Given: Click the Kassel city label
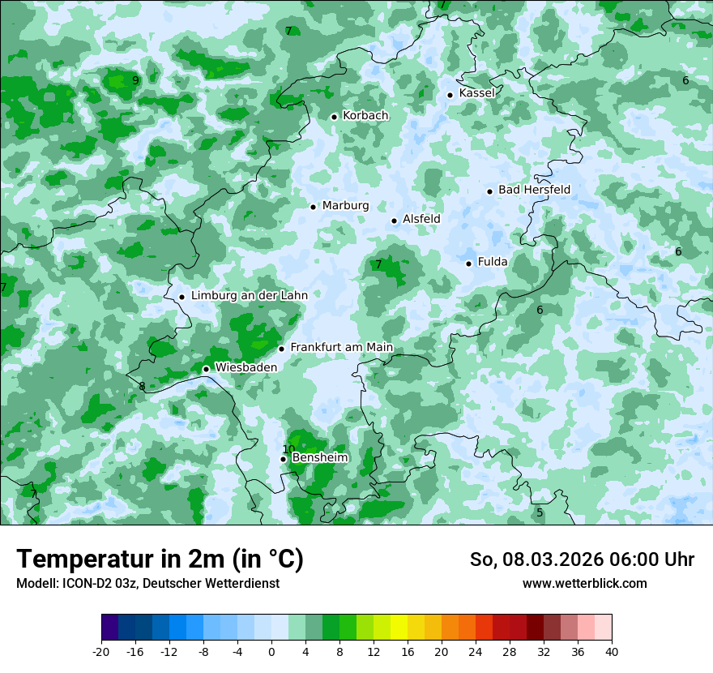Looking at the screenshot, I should click(x=476, y=93).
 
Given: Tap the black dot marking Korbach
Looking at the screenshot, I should click(x=334, y=117).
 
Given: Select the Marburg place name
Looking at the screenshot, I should click(x=345, y=206).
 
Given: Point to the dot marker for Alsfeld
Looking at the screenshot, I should click(x=395, y=221).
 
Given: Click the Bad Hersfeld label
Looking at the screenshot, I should click(x=534, y=190).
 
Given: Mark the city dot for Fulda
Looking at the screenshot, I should click(x=469, y=264).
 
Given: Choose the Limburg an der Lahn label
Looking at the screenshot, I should click(x=249, y=296).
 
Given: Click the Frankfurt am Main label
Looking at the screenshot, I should click(x=341, y=348).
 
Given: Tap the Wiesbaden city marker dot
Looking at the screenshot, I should click(x=206, y=369).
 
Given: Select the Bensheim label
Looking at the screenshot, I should click(x=319, y=458).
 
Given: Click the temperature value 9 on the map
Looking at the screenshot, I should click(x=135, y=80).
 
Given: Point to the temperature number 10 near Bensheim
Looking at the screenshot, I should click(x=288, y=449).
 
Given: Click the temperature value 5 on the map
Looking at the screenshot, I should click(x=540, y=512).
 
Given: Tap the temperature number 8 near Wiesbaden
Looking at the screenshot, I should click(x=142, y=387).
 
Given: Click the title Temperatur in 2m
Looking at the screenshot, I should click(x=160, y=559).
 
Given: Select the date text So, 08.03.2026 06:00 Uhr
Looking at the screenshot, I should click(x=582, y=559).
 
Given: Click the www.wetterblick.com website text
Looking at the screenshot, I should click(x=584, y=584).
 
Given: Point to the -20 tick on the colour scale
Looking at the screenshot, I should click(x=101, y=652).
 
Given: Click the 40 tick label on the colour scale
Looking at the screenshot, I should click(x=611, y=652).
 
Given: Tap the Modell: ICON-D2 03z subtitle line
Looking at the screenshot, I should click(x=147, y=584).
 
